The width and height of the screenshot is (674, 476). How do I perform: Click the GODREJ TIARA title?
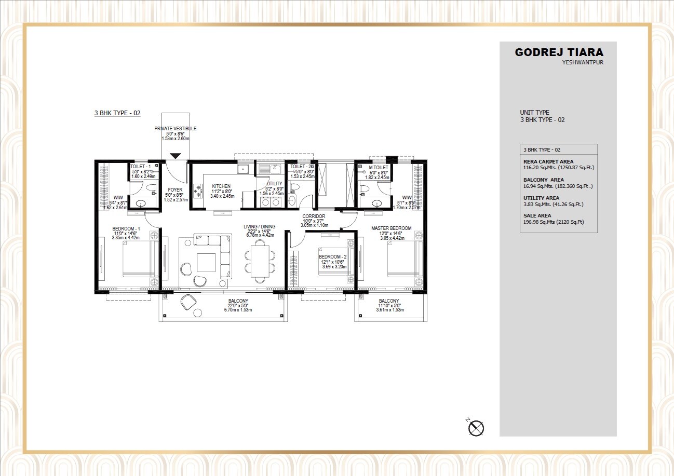point(559,52)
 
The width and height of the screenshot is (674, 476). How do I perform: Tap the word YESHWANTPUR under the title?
point(583,63)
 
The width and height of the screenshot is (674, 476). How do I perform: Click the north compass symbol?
point(476,428)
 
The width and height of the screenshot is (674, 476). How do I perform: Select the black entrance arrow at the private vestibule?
point(176,155)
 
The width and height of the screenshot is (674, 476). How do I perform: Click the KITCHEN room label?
point(221,186)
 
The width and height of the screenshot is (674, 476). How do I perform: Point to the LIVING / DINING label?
point(260,226)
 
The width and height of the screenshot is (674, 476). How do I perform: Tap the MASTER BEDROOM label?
point(391,228)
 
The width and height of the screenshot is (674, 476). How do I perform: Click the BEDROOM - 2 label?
point(333,257)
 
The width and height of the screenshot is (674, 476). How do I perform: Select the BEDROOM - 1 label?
point(127,228)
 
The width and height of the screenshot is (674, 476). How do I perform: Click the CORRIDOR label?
point(314,216)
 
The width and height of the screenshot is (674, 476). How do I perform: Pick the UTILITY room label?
point(274,184)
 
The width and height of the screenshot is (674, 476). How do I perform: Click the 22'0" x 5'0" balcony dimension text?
point(238,305)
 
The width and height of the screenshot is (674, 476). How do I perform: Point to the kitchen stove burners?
point(197,191)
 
